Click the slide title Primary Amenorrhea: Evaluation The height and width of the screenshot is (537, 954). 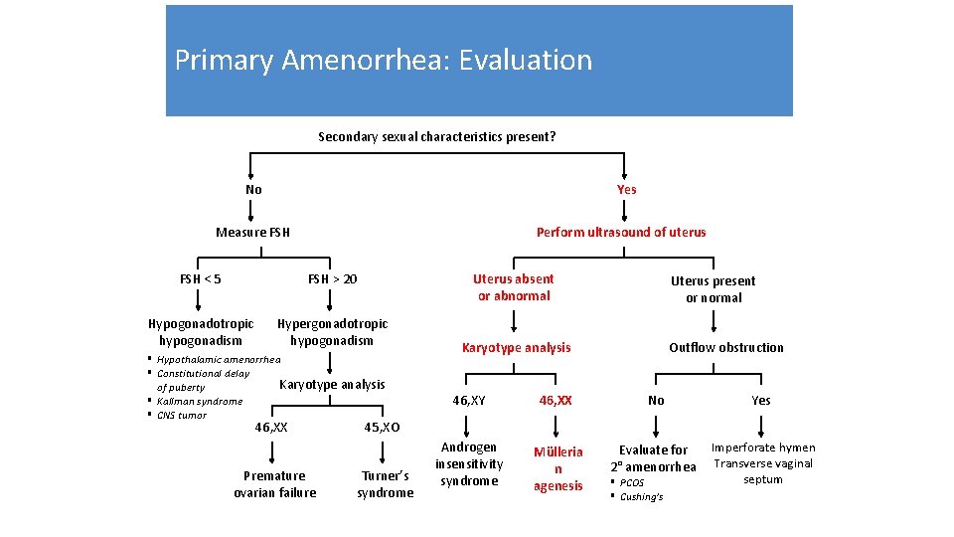pyautogui.click(x=383, y=60)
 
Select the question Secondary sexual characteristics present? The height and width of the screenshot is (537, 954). pyautogui.click(x=436, y=136)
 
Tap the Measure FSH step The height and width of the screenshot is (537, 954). pyautogui.click(x=253, y=232)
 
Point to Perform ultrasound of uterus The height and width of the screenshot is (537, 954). pyautogui.click(x=621, y=232)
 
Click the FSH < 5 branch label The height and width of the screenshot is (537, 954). pyautogui.click(x=201, y=278)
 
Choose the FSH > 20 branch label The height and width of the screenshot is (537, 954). pyautogui.click(x=332, y=278)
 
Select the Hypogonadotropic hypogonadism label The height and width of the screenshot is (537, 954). pyautogui.click(x=201, y=332)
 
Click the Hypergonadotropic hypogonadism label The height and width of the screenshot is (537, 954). pyautogui.click(x=332, y=332)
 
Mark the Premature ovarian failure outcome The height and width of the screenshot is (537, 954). pyautogui.click(x=275, y=484)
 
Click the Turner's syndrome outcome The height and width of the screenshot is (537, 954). pyautogui.click(x=385, y=484)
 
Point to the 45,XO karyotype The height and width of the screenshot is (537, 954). pyautogui.click(x=382, y=427)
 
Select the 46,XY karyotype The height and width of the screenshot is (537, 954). pyautogui.click(x=469, y=400)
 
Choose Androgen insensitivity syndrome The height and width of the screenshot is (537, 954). pyautogui.click(x=469, y=464)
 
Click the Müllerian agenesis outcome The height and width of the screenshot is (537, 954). pyautogui.click(x=557, y=468)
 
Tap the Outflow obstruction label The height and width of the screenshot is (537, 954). pyautogui.click(x=725, y=347)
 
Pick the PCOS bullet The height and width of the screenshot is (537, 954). pyautogui.click(x=632, y=482)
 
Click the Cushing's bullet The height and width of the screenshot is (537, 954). pyautogui.click(x=641, y=496)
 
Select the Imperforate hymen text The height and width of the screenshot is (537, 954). pyautogui.click(x=763, y=447)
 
